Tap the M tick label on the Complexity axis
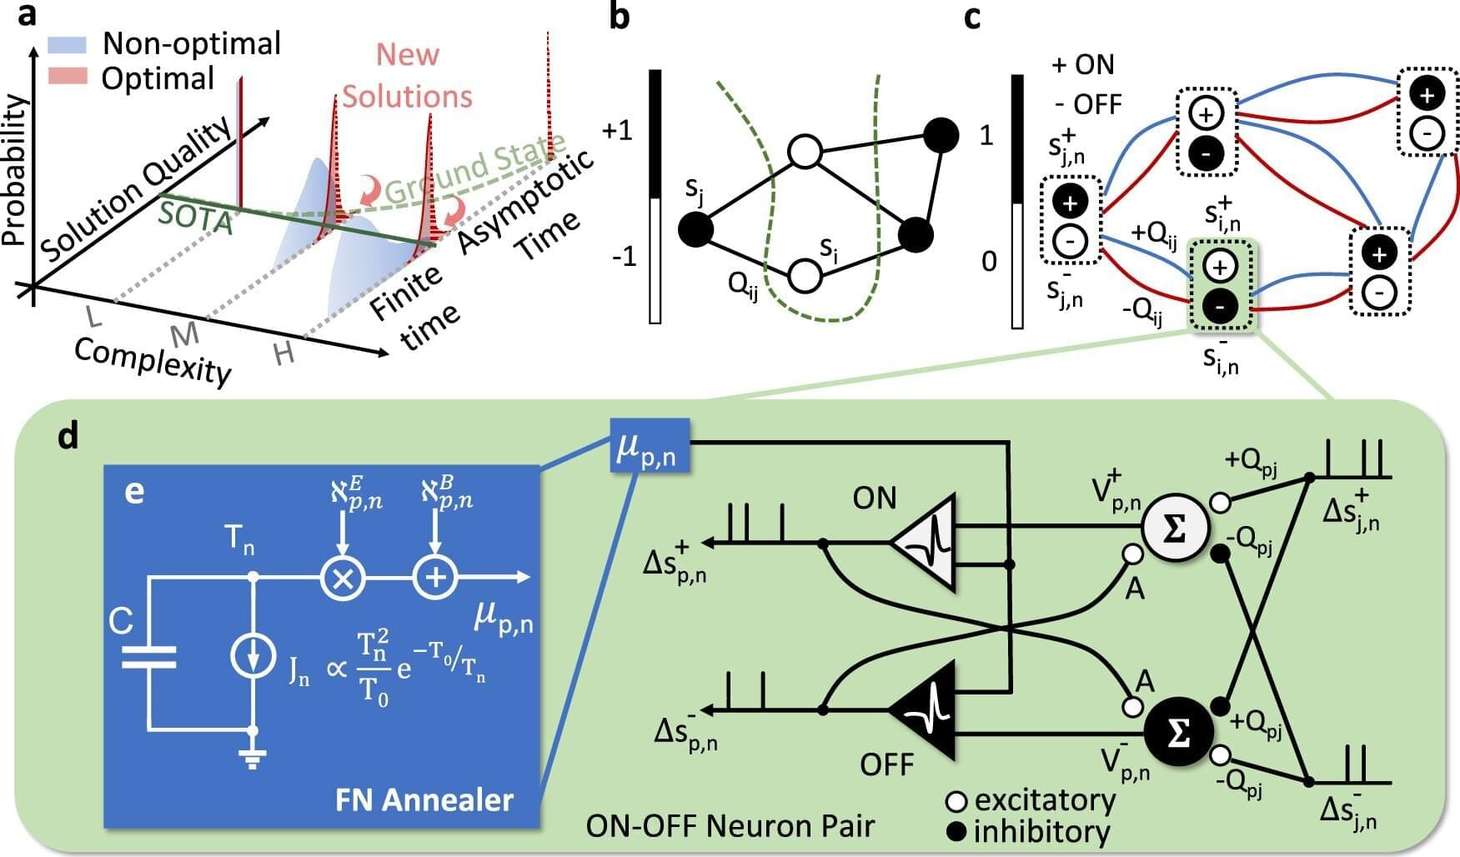pos(184,334)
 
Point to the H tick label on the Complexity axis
pos(284,354)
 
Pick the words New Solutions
pos(407,76)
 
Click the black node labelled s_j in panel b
pos(697,229)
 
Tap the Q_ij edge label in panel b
pos(743,287)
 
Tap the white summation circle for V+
pos(1174,529)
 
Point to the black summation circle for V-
pos(1177,734)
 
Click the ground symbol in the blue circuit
pos(251,756)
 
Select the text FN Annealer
pos(424,800)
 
